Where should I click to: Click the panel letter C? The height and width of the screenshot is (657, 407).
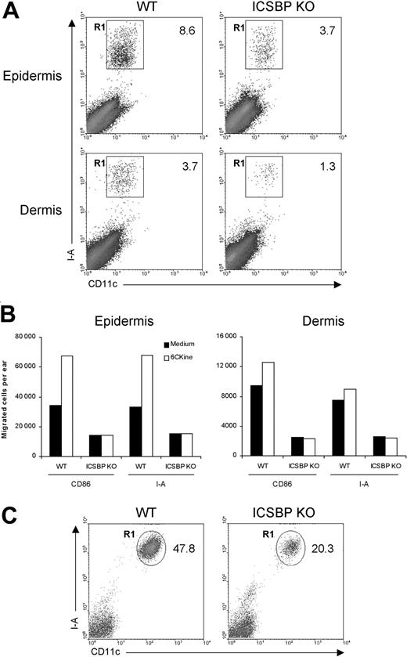(x=9, y=508)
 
